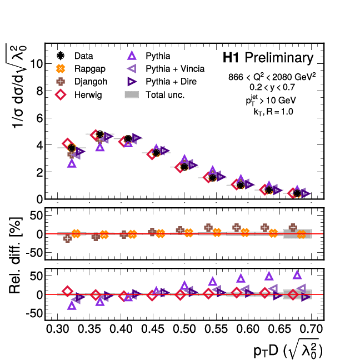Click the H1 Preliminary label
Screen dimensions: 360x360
[267, 58]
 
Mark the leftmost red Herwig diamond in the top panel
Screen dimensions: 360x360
[68, 144]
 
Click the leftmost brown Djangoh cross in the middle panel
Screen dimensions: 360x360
[67, 238]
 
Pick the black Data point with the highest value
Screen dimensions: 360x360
[100, 134]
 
